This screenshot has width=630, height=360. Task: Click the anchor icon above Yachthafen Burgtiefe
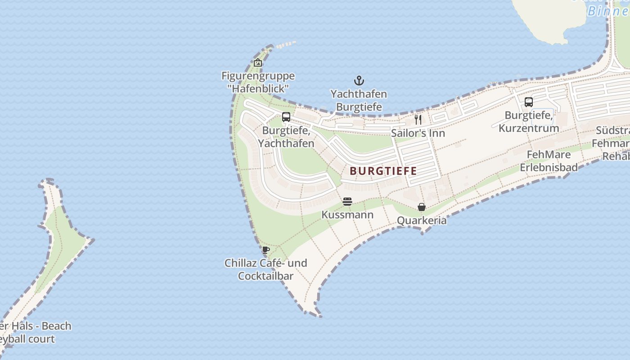(x=359, y=81)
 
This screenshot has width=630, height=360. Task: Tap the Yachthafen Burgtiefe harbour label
(x=359, y=100)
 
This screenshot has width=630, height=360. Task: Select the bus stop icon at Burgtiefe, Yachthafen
(x=286, y=117)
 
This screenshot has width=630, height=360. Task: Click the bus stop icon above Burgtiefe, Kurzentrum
(x=529, y=102)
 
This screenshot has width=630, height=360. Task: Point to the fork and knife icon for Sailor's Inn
(x=418, y=119)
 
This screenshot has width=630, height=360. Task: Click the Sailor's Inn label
(x=418, y=133)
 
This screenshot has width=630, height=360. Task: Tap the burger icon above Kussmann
(x=347, y=202)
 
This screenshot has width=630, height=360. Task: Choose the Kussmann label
(x=347, y=215)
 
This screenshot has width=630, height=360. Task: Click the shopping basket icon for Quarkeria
(x=422, y=207)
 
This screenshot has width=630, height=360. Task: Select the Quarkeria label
(x=422, y=220)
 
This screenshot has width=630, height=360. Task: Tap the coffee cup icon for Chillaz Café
(x=266, y=250)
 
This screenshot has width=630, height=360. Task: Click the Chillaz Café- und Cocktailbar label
(x=265, y=270)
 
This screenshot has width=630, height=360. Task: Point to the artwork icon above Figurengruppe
(x=258, y=63)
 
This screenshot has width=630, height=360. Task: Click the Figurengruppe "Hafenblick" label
(x=258, y=82)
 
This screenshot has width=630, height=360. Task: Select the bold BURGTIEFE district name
(x=383, y=171)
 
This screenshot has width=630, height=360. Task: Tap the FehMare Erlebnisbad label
(x=549, y=161)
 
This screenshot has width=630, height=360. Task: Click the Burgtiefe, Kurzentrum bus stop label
(x=529, y=121)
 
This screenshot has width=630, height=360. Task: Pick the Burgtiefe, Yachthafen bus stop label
(x=286, y=137)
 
